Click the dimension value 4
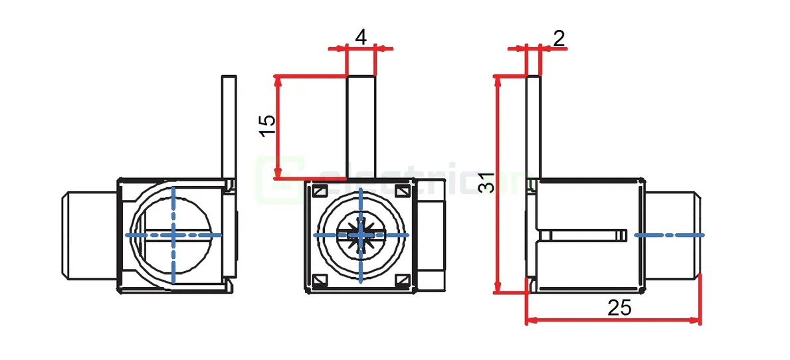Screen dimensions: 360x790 361,37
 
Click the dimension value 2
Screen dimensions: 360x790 559,38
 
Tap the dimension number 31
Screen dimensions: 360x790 487,183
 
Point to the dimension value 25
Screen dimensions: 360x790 619,308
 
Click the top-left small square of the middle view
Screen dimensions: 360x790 320,191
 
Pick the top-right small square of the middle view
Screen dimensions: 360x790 402,191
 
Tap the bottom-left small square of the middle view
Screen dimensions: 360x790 320,280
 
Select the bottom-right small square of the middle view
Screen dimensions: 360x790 402,280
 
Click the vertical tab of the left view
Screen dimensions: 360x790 229,126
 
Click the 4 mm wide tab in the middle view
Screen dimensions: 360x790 361,126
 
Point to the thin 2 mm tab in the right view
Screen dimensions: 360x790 534,126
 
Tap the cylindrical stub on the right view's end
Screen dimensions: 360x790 671,234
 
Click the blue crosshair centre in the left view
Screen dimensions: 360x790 173,234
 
